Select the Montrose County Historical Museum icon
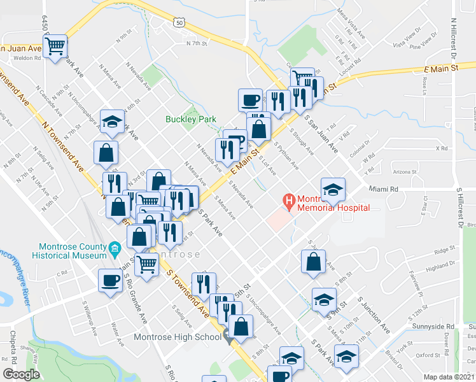pos(115,247)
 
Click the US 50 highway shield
pos(179,22)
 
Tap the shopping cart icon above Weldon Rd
pos(55,45)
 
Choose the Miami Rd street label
pos(384,189)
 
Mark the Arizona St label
pos(405,172)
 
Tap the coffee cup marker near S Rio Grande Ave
pos(110,281)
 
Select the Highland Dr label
pos(442,267)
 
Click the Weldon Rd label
pos(29,57)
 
